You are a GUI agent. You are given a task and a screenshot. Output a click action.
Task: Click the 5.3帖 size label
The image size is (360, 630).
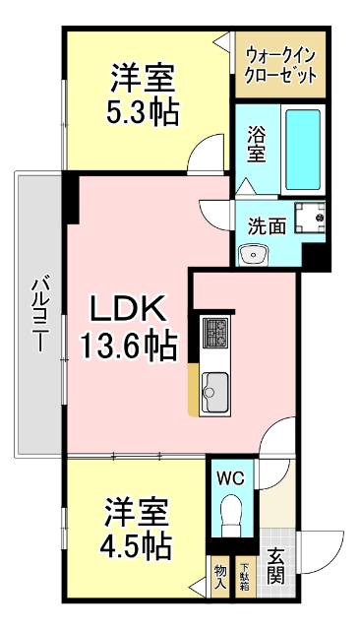point(143,111)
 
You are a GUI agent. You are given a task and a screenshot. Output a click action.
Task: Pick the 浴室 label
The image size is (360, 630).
point(255,145)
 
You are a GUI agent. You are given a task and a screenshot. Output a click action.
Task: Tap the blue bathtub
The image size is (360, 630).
point(303,150)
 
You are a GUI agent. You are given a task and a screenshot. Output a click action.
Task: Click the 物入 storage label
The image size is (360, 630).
point(220,576)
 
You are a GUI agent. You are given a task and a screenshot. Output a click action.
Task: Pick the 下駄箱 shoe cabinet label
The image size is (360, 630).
point(244,576)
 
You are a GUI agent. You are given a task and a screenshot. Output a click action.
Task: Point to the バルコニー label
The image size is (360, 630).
point(38,315)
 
